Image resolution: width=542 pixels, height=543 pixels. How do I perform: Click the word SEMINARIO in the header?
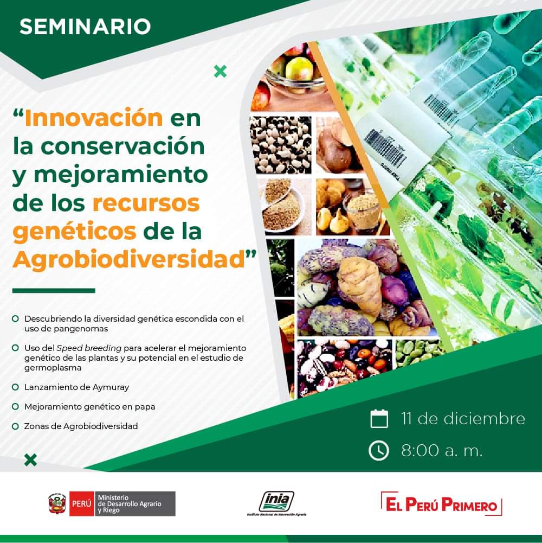85,27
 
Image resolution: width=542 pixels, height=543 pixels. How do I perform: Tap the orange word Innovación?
94,118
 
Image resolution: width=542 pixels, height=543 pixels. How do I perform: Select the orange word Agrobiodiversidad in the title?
129,259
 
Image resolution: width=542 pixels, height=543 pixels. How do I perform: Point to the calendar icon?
379,418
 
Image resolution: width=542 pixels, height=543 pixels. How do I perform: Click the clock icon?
379,450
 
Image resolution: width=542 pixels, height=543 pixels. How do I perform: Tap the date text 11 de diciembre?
463,418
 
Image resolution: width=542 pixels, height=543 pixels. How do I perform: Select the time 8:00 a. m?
442,451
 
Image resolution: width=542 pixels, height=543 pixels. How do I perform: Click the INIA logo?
276,503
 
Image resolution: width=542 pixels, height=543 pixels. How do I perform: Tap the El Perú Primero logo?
442,504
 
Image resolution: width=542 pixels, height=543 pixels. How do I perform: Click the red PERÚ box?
82,503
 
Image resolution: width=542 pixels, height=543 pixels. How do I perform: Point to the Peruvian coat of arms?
57,503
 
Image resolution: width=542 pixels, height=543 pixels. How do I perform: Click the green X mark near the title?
221,72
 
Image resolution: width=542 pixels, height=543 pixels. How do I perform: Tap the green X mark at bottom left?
30,460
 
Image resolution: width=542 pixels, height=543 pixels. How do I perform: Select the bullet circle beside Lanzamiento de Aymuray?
15,387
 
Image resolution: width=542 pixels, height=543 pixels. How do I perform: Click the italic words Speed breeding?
89,348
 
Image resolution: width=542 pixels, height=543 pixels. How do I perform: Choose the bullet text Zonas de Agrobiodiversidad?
81,426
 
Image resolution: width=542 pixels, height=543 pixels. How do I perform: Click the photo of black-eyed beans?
281,145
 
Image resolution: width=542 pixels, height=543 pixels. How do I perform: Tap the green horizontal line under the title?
54,291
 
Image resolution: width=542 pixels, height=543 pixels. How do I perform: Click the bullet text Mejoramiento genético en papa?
89,406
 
